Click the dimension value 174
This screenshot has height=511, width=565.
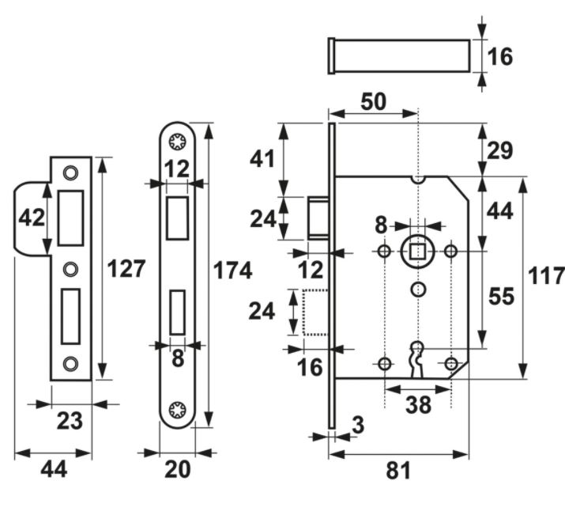click(233, 271)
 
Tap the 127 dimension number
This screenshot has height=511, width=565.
click(126, 269)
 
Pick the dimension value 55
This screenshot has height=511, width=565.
click(501, 297)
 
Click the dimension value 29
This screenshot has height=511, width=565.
click(502, 150)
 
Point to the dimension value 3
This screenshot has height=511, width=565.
click(357, 426)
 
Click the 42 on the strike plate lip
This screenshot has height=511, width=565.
click(32, 217)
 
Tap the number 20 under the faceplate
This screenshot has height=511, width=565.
click(178, 470)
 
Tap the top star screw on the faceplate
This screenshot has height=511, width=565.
click(178, 142)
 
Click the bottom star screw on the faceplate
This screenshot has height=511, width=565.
click(178, 409)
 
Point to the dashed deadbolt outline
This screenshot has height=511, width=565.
click(315, 312)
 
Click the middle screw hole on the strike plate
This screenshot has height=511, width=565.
click(71, 267)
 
